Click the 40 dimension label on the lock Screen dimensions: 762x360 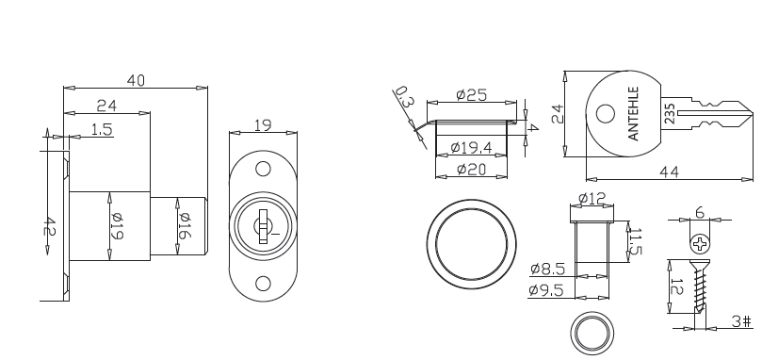(x=136, y=80)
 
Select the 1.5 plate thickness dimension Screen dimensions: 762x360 (x=102, y=129)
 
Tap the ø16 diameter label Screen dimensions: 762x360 (x=184, y=225)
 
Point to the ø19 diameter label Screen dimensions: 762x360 (x=117, y=226)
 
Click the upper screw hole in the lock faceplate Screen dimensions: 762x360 (x=263, y=169)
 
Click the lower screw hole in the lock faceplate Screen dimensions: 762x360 (x=263, y=283)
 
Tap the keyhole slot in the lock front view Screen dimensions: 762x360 (x=263, y=226)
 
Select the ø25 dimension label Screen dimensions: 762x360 (x=471, y=94)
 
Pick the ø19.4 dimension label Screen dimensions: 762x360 (x=471, y=147)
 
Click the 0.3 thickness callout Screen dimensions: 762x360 (x=404, y=97)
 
